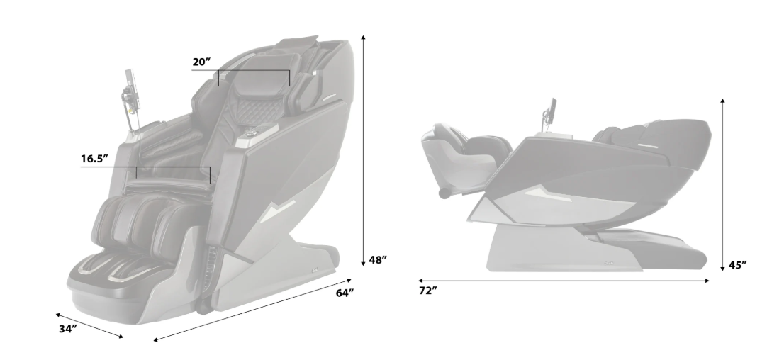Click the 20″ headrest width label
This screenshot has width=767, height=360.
pos(201,62)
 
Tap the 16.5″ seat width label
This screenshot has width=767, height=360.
pos(94,159)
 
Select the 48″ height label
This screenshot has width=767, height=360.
pos(378,260)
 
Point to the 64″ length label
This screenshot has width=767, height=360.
pos(345,293)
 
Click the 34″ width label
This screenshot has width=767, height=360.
pos(68,329)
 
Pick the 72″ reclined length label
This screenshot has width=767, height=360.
pos(427,291)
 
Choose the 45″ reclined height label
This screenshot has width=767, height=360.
pos(737,265)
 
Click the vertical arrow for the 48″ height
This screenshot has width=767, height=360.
pos(364,151)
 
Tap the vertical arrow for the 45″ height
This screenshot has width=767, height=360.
pos(722,184)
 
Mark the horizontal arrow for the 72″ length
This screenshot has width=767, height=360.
pos(564,281)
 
